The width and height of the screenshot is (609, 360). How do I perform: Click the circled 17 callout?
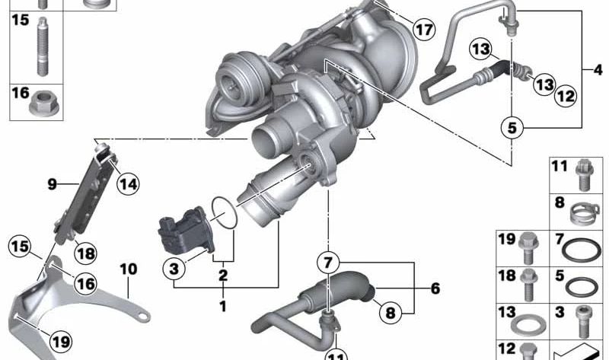tap(424, 29)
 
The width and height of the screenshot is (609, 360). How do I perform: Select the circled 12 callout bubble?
tap(566, 96)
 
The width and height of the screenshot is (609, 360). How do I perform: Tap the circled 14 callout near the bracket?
tap(128, 183)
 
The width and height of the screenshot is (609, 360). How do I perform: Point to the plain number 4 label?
tap(598, 70)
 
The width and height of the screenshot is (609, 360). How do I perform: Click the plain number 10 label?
tap(128, 269)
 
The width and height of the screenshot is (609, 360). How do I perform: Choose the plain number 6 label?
tap(435, 288)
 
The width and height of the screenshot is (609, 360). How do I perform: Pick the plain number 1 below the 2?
tap(223, 307)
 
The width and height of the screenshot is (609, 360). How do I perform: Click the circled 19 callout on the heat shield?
tap(61, 342)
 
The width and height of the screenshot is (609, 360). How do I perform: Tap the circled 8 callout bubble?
tap(390, 312)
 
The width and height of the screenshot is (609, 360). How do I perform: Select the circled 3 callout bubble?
tap(174, 269)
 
